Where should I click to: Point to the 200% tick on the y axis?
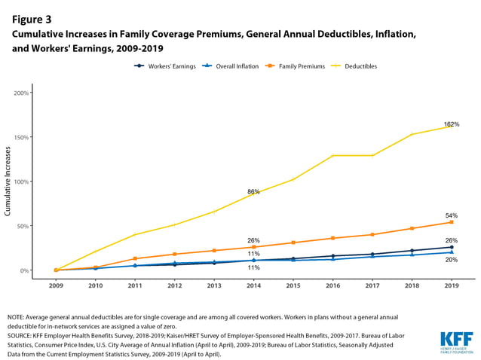tap(20, 93)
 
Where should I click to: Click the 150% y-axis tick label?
tap(20, 138)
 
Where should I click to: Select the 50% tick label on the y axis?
tap(22, 226)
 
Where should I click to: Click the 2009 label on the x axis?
tap(56, 286)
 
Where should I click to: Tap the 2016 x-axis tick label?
tap(334, 286)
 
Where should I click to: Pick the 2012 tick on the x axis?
tap(175, 286)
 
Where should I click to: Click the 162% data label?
tap(452, 124)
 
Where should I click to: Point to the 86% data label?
tap(253, 192)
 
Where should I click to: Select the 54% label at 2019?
tap(452, 215)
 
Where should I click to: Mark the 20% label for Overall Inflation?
tap(452, 260)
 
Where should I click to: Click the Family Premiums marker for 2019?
tap(452, 222)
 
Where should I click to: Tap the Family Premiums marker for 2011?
tap(135, 258)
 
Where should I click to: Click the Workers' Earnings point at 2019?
tap(452, 247)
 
